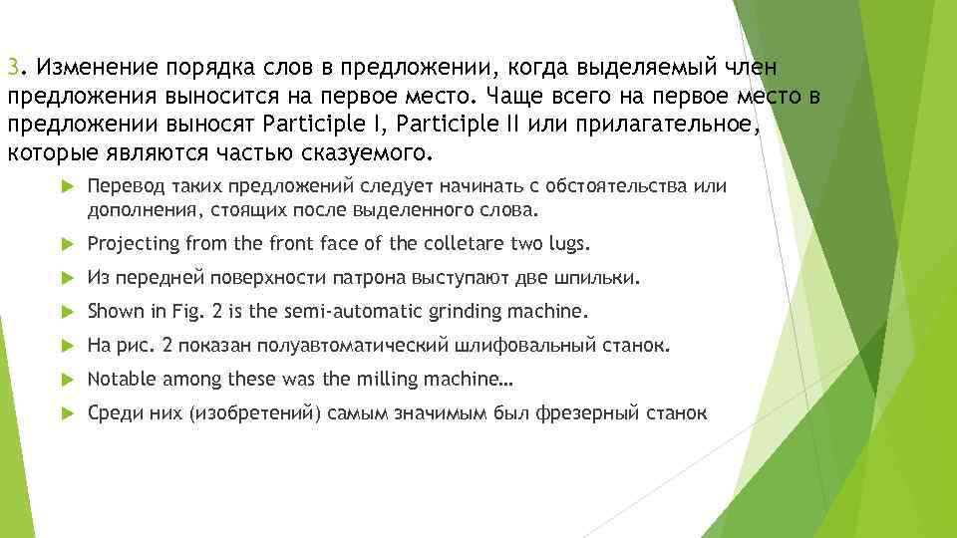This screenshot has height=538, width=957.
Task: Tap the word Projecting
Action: [x=134, y=244]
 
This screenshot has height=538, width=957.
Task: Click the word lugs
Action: [x=569, y=244]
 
